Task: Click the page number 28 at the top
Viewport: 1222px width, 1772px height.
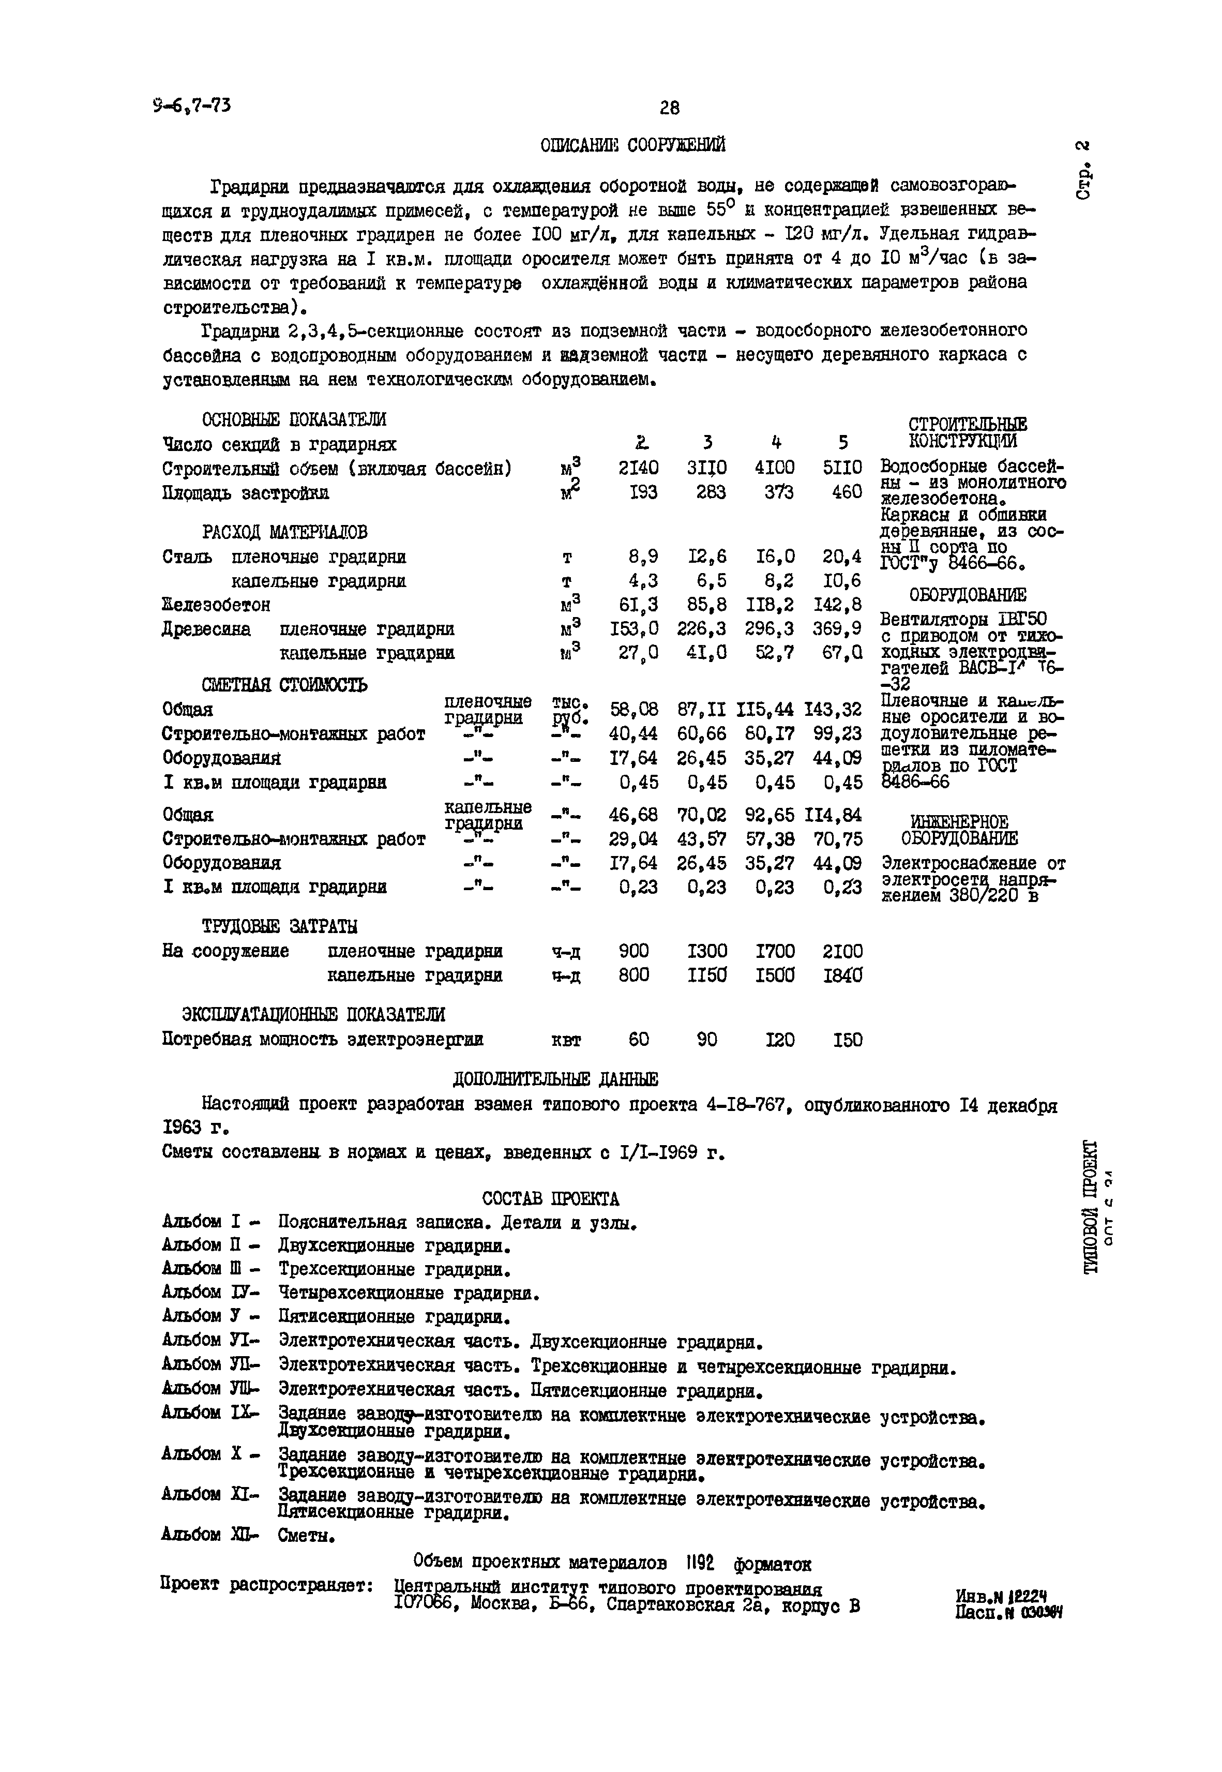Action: (669, 108)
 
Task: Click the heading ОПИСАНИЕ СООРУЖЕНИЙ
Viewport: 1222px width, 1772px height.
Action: (632, 145)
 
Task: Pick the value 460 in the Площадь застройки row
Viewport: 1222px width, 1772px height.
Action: (847, 492)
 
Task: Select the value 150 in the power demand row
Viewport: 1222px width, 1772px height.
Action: (847, 1040)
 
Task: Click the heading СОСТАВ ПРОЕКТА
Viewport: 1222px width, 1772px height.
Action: (551, 1198)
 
